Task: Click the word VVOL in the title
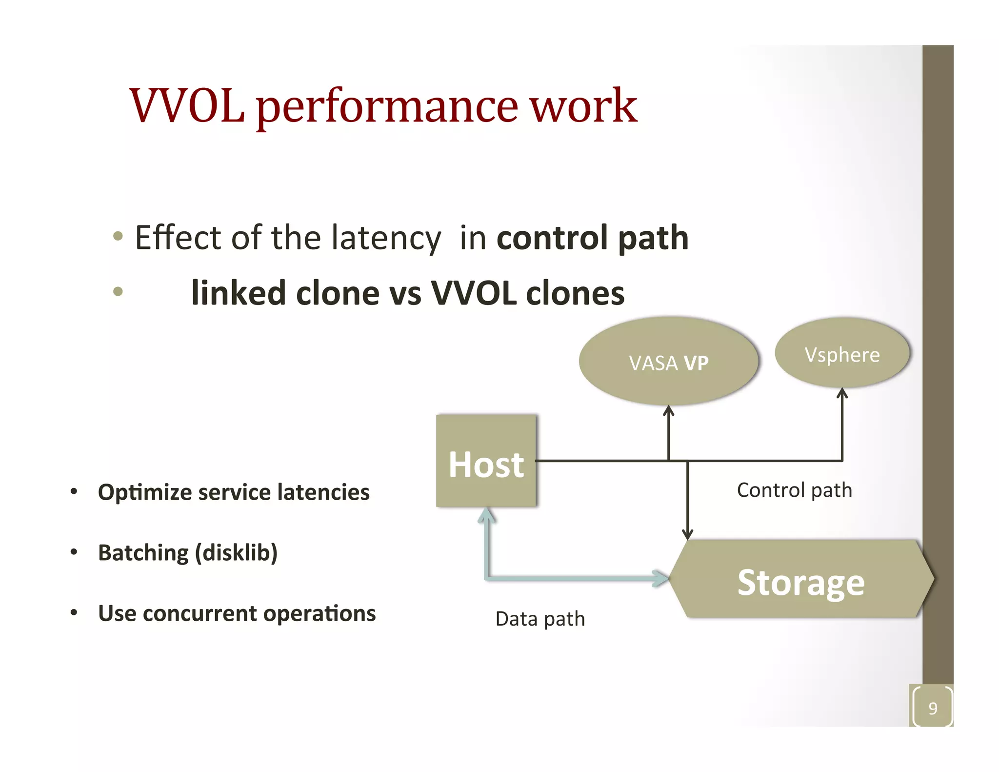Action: click(187, 106)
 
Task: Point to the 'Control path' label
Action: click(794, 490)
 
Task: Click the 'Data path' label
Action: click(540, 619)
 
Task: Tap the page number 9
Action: click(933, 708)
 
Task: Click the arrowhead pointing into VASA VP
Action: click(669, 411)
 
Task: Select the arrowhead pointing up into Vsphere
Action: click(842, 393)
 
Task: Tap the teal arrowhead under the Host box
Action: click(486, 515)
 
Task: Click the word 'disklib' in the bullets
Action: click(236, 553)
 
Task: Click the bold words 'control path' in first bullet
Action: click(592, 238)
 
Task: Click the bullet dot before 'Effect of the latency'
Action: click(118, 237)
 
